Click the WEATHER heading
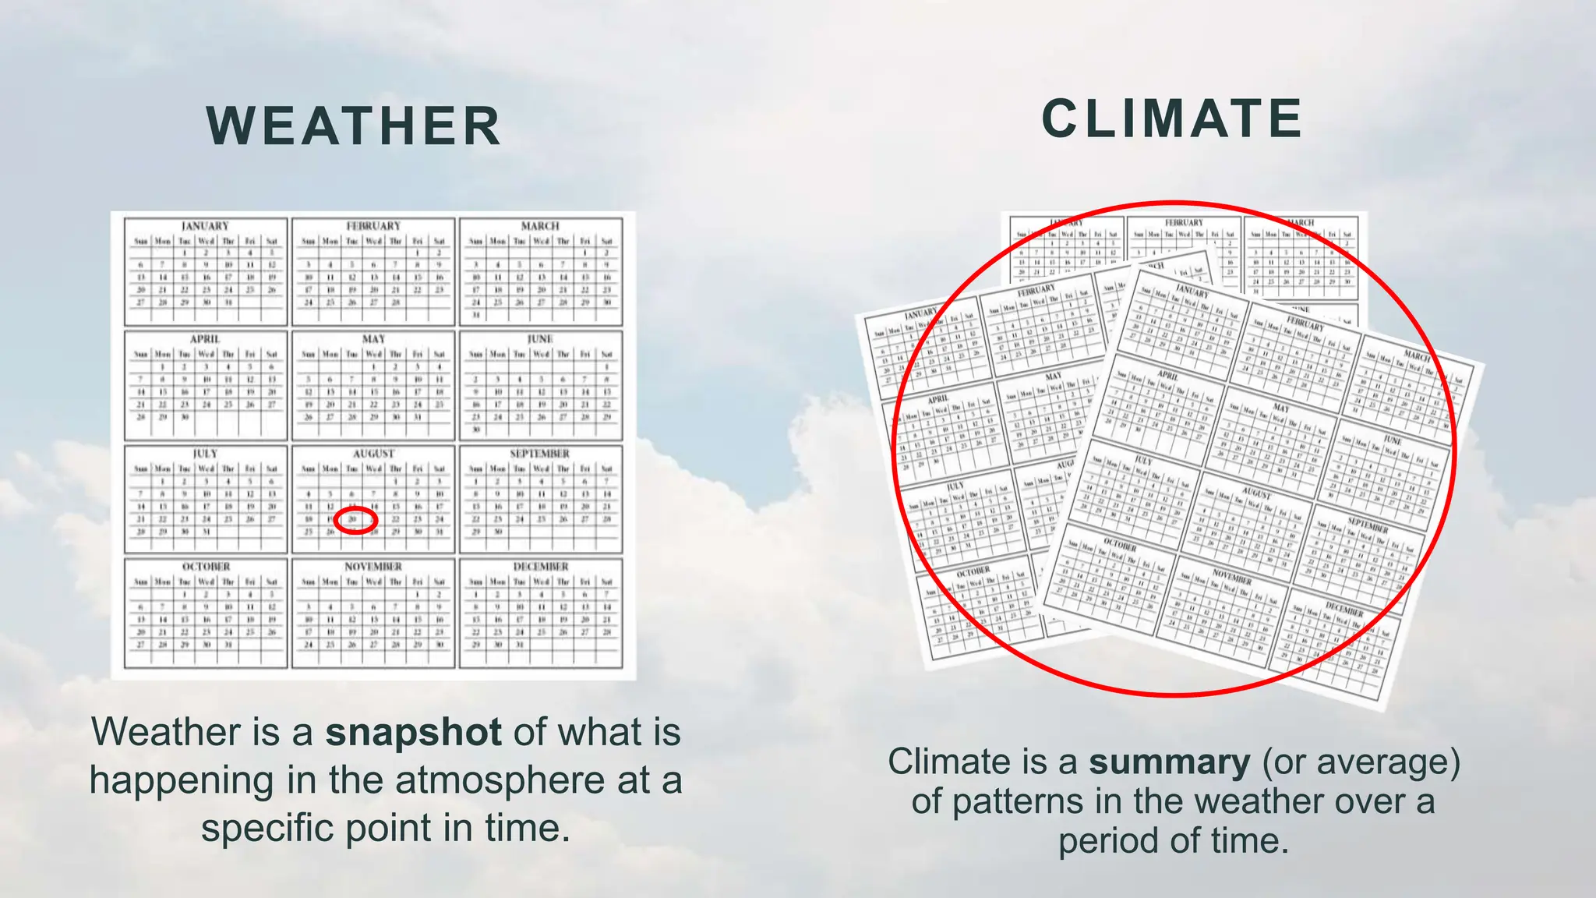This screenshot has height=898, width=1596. pyautogui.click(x=354, y=126)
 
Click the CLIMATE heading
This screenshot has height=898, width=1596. pyautogui.click(x=1172, y=119)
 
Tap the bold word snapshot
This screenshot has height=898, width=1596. pyautogui.click(x=413, y=732)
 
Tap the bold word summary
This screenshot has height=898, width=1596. pyautogui.click(x=1169, y=762)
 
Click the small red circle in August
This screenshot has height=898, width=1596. pyautogui.click(x=355, y=520)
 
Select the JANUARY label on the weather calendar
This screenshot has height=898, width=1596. pyautogui.click(x=205, y=226)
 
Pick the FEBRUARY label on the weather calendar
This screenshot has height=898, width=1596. pyautogui.click(x=373, y=226)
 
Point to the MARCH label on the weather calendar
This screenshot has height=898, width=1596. pyautogui.click(x=540, y=226)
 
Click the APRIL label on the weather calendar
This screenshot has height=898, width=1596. pyautogui.click(x=205, y=339)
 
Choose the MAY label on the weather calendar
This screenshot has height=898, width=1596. pyautogui.click(x=373, y=339)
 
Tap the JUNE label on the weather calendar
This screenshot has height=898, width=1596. pyautogui.click(x=540, y=339)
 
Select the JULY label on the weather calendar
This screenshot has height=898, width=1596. pyautogui.click(x=205, y=453)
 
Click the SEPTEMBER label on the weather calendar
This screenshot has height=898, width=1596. pyautogui.click(x=540, y=453)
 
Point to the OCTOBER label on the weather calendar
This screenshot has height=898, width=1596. pyautogui.click(x=206, y=567)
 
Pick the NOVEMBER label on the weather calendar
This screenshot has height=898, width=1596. pyautogui.click(x=373, y=567)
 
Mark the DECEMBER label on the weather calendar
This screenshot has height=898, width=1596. pyautogui.click(x=540, y=567)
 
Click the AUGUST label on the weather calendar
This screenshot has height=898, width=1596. pyautogui.click(x=373, y=453)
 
